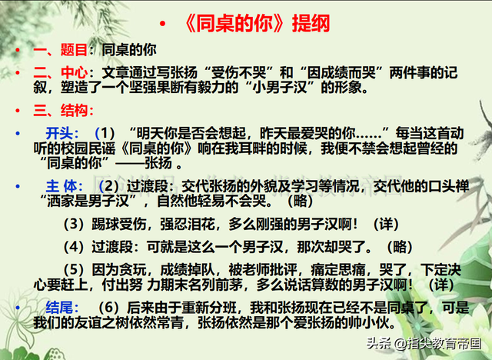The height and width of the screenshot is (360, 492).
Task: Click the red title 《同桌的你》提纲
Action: coord(256,24)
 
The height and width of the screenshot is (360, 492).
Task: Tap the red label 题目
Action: coord(74,50)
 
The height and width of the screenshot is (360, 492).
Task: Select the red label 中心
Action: coord(74,72)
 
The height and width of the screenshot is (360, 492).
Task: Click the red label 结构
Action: coord(74,110)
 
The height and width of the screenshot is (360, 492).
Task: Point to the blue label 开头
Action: coord(59,133)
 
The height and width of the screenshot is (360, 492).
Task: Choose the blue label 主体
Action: coord(61,186)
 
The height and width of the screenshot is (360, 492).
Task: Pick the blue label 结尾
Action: coord(59,307)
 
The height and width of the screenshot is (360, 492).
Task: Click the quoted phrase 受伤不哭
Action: coord(239,72)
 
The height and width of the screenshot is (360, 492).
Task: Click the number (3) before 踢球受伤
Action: coord(75,224)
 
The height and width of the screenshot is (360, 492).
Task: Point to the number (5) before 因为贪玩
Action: coord(75,269)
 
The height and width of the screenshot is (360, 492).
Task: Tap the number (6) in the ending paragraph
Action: coord(108,307)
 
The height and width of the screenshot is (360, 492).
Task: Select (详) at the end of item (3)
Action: coord(386,224)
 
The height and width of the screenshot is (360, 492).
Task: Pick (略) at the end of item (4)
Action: coord(400,247)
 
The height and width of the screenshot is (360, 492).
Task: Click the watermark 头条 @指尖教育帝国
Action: coord(424,343)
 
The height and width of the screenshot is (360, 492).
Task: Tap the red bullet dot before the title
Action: coord(162,23)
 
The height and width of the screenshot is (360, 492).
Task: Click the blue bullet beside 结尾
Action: coord(18,308)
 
